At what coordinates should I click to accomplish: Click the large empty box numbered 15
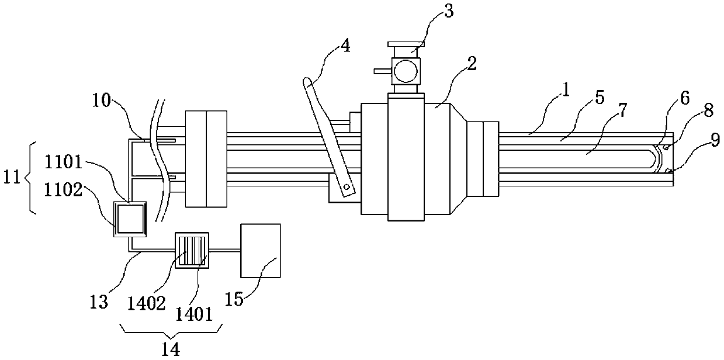(x=261, y=250)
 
